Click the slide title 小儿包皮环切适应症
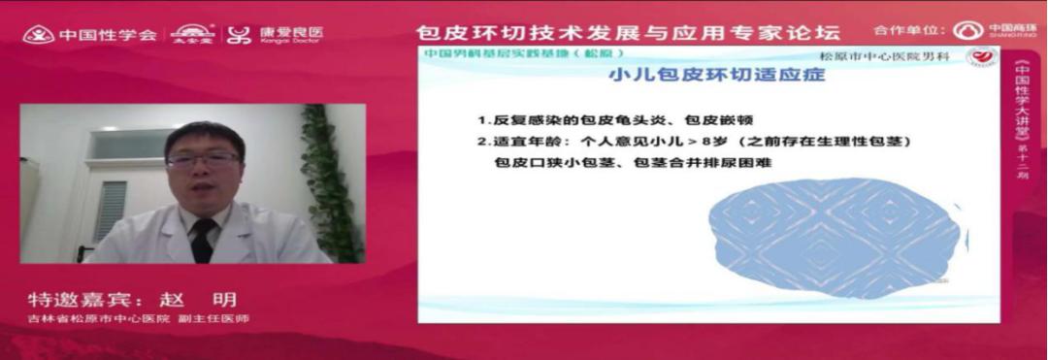click(715, 75)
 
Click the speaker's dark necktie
click(203, 239)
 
